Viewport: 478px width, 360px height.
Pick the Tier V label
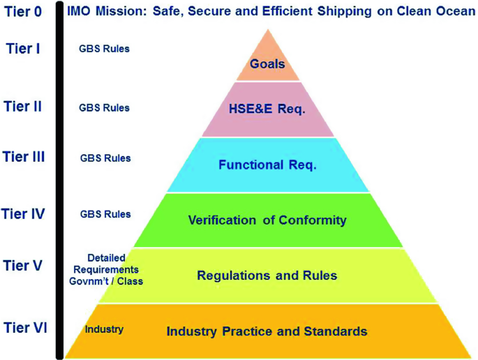(x=23, y=265)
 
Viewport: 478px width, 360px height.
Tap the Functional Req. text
(x=267, y=165)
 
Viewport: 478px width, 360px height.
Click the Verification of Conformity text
(x=267, y=220)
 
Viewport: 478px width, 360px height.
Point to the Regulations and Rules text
(x=267, y=276)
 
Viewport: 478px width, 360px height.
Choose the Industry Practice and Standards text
(x=267, y=331)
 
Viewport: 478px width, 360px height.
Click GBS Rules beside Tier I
(x=104, y=49)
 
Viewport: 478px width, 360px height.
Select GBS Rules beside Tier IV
(x=105, y=213)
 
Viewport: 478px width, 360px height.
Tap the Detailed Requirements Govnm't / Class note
(x=103, y=269)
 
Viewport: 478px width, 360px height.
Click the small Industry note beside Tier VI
(x=104, y=329)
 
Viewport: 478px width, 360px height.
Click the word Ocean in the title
(x=454, y=12)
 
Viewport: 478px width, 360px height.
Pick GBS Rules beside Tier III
(x=105, y=158)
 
